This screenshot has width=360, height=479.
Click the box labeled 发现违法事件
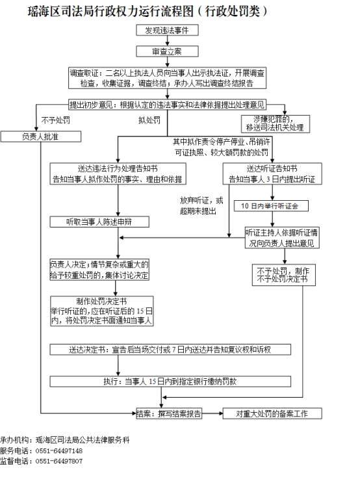(x=167, y=31)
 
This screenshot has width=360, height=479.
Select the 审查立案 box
(x=167, y=51)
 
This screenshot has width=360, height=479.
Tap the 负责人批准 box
(x=40, y=136)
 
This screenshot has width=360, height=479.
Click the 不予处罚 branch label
(x=56, y=120)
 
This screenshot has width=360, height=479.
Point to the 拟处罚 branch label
(x=149, y=120)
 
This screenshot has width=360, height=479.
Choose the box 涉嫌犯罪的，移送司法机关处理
(x=276, y=123)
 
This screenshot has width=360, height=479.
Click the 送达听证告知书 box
(x=272, y=174)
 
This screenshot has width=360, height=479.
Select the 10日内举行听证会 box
(x=271, y=206)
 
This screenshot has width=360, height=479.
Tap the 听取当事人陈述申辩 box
(x=99, y=222)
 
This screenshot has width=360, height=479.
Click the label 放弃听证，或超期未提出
(x=201, y=205)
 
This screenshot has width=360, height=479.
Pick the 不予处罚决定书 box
(x=284, y=275)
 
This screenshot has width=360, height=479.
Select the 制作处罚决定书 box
(x=101, y=311)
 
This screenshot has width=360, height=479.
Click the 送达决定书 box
(x=170, y=350)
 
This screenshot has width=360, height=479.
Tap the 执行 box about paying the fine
(x=170, y=382)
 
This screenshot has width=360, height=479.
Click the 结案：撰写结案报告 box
(x=169, y=413)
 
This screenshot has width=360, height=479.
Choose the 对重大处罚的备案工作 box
(x=272, y=413)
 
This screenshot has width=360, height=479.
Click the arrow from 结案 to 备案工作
(x=212, y=413)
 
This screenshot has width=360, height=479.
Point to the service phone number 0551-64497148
(x=59, y=451)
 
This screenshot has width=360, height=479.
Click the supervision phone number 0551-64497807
(x=59, y=461)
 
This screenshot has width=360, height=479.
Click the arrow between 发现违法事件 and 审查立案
(x=167, y=41)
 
